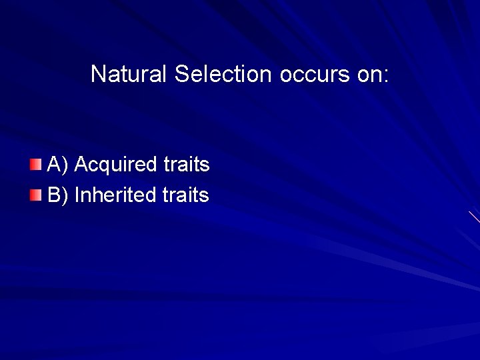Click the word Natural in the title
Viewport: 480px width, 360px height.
click(x=130, y=74)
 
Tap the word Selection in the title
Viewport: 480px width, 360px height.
click(x=223, y=74)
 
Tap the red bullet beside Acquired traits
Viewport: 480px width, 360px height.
click(x=35, y=164)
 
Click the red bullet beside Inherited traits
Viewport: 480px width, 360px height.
click(x=35, y=195)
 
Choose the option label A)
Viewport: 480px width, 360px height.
click(x=58, y=165)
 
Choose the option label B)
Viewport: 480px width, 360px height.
click(x=58, y=195)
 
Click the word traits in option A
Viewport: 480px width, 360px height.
click(x=187, y=165)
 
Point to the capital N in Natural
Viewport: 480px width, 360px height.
click(x=97, y=74)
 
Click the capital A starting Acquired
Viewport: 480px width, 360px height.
click(x=81, y=165)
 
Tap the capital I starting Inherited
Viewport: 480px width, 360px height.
click(x=77, y=195)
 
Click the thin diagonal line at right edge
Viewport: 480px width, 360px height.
click(x=474, y=217)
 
